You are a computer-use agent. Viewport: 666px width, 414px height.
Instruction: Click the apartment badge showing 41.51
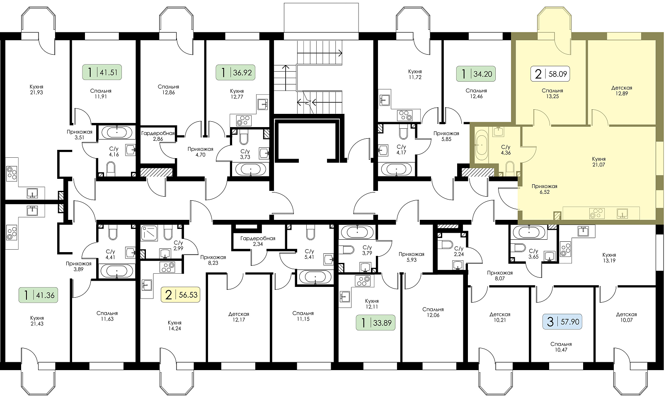(x=102, y=72)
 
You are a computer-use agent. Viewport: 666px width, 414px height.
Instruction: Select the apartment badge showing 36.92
(x=235, y=73)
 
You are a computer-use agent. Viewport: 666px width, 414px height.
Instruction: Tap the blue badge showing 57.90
(x=562, y=322)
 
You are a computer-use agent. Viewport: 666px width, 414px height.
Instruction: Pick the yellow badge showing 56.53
(x=180, y=295)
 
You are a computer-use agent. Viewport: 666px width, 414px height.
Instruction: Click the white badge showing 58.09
(x=550, y=74)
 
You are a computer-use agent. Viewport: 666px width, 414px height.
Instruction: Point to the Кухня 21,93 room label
(x=36, y=89)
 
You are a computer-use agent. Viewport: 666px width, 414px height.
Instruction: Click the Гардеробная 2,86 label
(x=158, y=136)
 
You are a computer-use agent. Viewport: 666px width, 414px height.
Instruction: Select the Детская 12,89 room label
(x=622, y=91)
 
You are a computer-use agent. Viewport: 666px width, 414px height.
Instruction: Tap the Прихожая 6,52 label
(x=545, y=189)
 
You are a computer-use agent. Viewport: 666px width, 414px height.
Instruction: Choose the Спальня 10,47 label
(x=561, y=347)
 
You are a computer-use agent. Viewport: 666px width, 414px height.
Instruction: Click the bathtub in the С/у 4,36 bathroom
(x=481, y=146)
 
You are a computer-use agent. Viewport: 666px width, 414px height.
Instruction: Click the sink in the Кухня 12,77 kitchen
(x=262, y=104)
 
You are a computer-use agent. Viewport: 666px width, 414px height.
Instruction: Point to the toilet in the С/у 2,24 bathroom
(x=447, y=244)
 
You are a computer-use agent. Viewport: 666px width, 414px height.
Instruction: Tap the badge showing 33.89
(x=375, y=323)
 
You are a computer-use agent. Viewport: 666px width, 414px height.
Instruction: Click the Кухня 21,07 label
(x=598, y=162)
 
